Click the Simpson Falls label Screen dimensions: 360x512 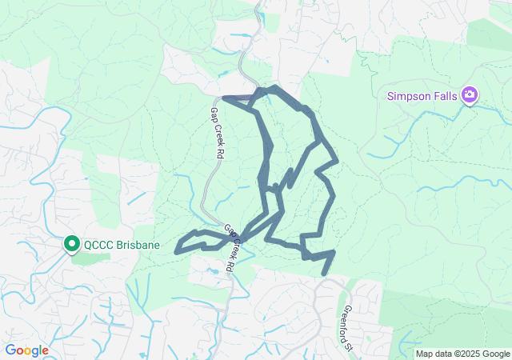tap(422, 96)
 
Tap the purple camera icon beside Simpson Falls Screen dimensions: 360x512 tap(470, 96)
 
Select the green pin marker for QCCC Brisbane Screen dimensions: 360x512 tap(70, 243)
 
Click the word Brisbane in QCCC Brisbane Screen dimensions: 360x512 tap(136, 245)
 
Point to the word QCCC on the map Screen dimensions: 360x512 tap(98, 245)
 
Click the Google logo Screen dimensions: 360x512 tap(26, 350)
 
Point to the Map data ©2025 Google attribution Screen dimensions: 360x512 tap(462, 354)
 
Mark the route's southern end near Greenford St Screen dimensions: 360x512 tap(324, 274)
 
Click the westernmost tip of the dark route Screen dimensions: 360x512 tap(176, 250)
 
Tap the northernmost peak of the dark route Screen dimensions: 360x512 tap(274, 87)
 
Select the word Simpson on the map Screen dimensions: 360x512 tap(408, 96)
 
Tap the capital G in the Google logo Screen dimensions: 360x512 tap(10, 350)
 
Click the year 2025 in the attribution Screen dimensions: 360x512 tap(470, 354)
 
